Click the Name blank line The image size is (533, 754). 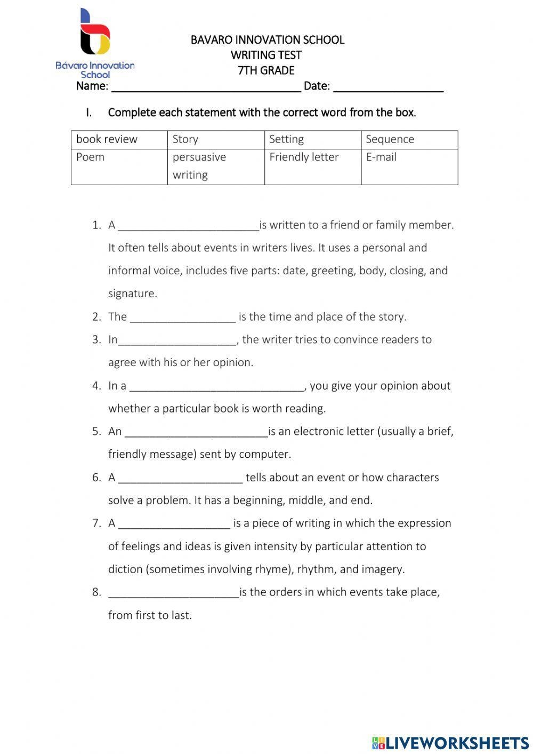coord(206,88)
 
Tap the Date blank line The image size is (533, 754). coord(388,88)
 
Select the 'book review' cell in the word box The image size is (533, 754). coord(119,140)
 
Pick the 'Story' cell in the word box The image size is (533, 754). coord(215,140)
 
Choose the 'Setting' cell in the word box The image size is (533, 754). coord(312,140)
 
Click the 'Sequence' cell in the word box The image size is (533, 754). coord(409,140)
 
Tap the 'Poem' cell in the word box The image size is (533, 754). coord(119,166)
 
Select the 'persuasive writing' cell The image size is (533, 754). coord(215,166)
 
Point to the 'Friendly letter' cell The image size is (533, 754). coord(312,166)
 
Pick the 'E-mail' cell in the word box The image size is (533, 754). coord(409,166)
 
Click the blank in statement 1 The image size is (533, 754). coord(188,226)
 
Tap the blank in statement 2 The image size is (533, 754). coord(182,318)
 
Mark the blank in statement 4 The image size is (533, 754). coord(216,387)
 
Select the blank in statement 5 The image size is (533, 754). coord(196,433)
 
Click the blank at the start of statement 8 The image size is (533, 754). coord(173,593)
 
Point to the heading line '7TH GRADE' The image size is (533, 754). coord(266,70)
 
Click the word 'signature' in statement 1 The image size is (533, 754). coord(132,293)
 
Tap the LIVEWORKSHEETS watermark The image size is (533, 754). coord(450,742)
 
